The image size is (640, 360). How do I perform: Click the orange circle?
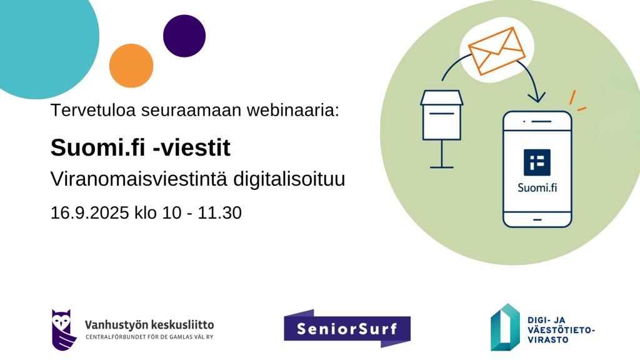tap(131, 66)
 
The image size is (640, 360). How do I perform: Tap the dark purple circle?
tap(184, 36)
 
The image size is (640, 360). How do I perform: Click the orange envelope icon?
tap(496, 51)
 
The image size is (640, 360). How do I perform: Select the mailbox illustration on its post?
tap(442, 129)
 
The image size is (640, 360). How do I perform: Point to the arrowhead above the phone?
tap(537, 97)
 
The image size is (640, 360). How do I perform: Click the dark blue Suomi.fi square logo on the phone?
tap(537, 162)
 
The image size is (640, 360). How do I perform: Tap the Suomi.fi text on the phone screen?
tap(537, 187)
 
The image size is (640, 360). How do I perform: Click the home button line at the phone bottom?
tap(537, 219)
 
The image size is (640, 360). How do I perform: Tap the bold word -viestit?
tap(191, 147)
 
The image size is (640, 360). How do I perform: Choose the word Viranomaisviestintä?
tap(139, 179)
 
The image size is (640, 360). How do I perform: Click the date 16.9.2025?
tap(89, 212)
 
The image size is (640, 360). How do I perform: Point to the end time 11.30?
tap(219, 212)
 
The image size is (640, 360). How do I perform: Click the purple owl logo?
tap(64, 330)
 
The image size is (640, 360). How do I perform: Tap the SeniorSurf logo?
tap(347, 329)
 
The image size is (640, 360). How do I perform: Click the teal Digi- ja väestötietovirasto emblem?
tap(505, 327)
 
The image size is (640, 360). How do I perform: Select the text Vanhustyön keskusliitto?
tap(149, 325)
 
